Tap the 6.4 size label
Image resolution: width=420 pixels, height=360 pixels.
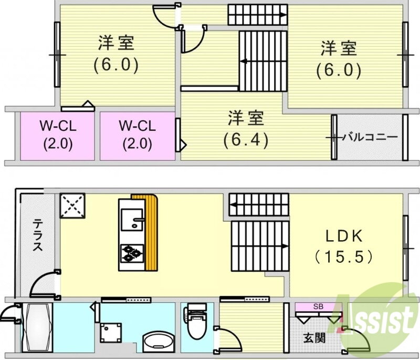click(x=246, y=139)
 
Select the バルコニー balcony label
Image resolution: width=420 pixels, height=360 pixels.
click(x=371, y=138)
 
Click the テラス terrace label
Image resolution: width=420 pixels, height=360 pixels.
click(x=38, y=235)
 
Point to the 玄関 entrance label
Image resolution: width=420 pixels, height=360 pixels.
click(x=314, y=338)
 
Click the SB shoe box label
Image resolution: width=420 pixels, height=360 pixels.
click(x=318, y=306)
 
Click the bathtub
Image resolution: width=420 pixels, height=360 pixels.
click(x=37, y=327)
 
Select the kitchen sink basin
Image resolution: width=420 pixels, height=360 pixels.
click(x=132, y=220)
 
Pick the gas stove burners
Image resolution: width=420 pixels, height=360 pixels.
click(x=132, y=253)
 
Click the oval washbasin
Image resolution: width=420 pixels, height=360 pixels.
click(x=158, y=342)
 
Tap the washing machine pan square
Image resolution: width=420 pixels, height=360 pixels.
click(x=111, y=333)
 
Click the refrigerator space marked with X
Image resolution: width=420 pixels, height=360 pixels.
click(x=72, y=206)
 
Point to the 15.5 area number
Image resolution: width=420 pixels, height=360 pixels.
click(x=344, y=257)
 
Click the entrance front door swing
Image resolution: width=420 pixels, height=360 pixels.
click(x=358, y=338)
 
